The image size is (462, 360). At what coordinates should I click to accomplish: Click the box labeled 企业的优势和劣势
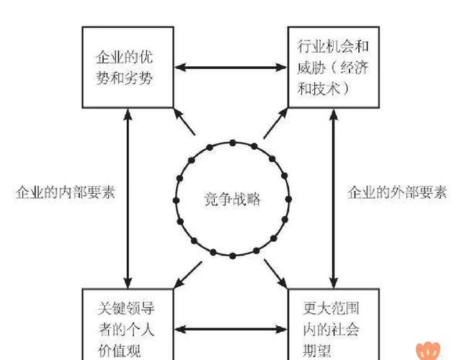(x=128, y=66)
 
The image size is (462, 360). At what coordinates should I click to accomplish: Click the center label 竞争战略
(x=232, y=199)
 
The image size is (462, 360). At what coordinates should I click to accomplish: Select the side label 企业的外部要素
(x=397, y=193)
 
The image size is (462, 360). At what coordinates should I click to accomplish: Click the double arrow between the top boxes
(x=230, y=68)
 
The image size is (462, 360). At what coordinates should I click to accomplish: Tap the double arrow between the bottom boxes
(x=230, y=330)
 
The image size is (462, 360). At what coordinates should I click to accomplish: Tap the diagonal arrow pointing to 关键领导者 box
(x=185, y=273)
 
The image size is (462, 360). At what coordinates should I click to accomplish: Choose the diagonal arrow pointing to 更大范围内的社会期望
(x=277, y=273)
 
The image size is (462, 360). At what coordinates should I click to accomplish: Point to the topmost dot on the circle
(x=231, y=143)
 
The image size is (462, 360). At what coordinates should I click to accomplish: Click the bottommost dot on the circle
(x=231, y=256)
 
